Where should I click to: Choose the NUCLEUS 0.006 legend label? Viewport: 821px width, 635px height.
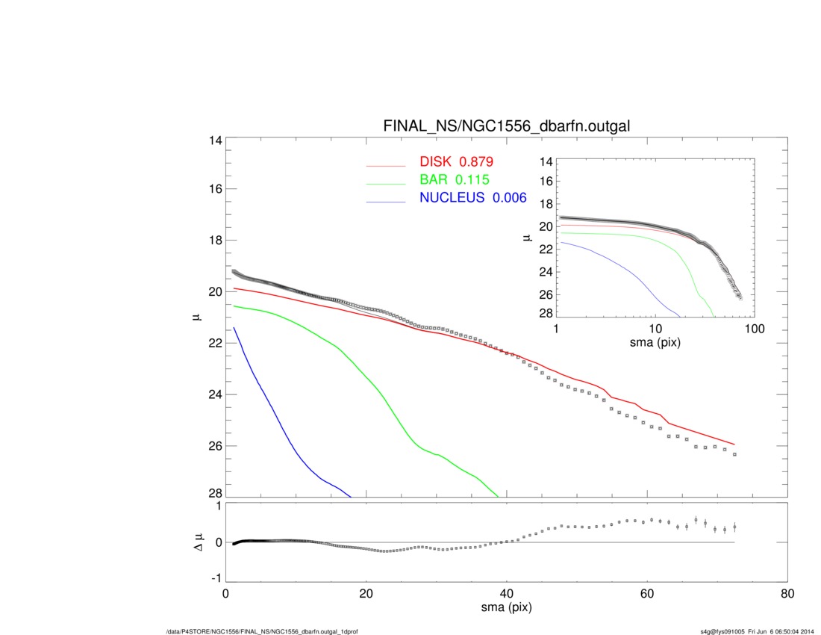(x=473, y=198)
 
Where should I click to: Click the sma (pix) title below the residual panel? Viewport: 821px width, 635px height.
(x=506, y=609)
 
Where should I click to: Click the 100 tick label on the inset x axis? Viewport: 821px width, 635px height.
(x=754, y=329)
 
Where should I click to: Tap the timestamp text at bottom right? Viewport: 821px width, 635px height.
(x=754, y=631)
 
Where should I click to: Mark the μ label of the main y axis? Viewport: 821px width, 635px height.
(x=196, y=318)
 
